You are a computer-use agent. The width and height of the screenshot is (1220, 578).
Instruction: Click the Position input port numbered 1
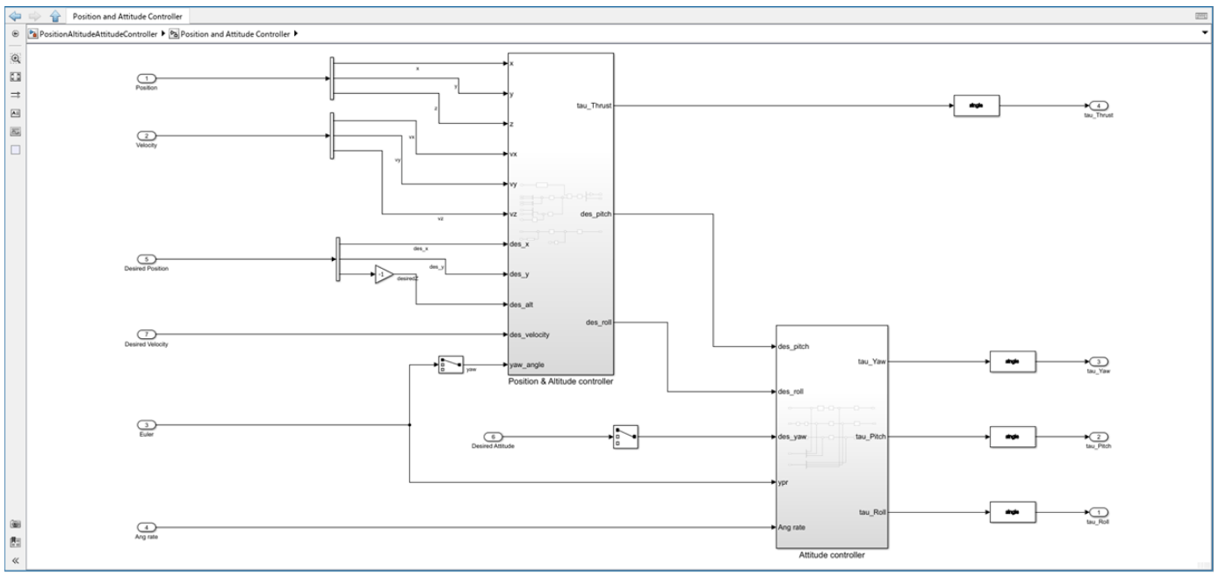148,78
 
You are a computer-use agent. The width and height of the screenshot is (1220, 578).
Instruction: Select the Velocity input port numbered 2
148,136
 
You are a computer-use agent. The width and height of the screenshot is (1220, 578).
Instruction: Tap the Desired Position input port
148,259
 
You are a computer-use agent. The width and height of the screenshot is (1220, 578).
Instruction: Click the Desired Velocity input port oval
148,334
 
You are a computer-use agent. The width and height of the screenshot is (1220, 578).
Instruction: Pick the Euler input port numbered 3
148,425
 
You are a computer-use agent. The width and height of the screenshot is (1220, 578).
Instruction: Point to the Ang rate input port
148,527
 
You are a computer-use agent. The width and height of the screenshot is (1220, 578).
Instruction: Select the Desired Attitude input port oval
494,437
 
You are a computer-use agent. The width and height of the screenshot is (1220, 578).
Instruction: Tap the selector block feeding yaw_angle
450,365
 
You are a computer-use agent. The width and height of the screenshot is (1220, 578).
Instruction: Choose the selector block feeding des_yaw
624,437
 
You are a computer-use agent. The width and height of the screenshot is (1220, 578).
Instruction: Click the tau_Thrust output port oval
1097,106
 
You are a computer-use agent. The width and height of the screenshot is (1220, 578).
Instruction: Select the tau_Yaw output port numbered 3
1097,361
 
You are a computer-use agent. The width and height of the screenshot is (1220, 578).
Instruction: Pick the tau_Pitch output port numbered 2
1097,437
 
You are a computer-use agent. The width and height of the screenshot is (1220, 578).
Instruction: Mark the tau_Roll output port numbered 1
1097,512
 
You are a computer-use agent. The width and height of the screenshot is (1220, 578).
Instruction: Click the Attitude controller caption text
831,555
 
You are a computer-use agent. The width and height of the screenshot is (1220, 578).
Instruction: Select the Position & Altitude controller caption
559,381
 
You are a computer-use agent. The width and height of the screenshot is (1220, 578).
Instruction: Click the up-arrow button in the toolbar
54,16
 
